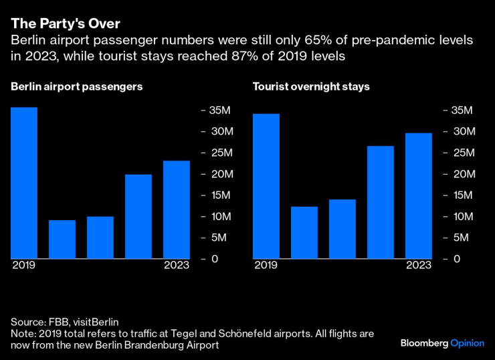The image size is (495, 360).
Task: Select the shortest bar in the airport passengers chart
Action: point(62,239)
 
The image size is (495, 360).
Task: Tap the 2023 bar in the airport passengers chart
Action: point(177,209)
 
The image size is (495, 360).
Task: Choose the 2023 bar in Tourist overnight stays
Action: point(419,195)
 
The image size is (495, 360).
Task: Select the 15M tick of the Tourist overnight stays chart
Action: point(462,195)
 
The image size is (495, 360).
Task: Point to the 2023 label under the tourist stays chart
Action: point(419,265)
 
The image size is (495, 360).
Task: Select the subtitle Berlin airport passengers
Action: point(76,86)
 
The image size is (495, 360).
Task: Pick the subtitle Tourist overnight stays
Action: point(310,86)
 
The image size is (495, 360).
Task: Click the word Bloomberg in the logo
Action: point(424,343)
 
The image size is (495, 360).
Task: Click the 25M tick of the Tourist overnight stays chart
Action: point(462,153)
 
